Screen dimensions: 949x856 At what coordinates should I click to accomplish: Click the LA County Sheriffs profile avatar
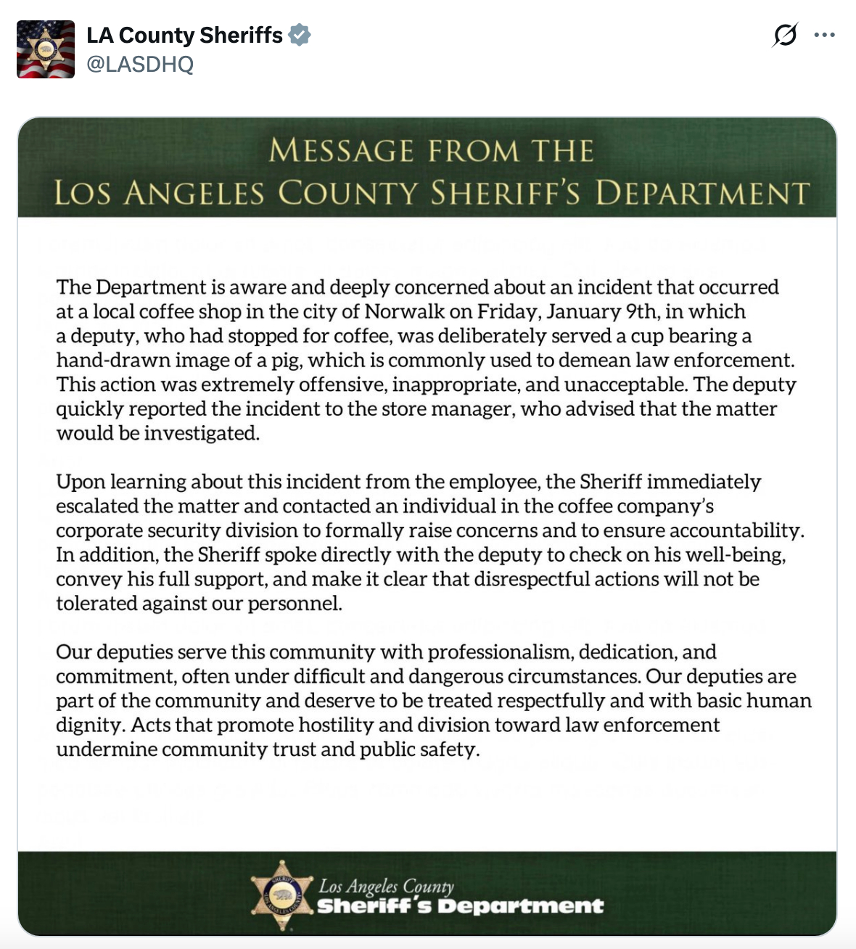tap(46, 49)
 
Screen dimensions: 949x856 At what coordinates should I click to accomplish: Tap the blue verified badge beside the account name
tap(300, 35)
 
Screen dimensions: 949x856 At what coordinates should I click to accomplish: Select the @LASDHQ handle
tap(140, 65)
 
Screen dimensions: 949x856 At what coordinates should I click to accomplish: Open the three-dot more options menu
tap(825, 35)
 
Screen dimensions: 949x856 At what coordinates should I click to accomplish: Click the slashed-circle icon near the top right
tap(785, 35)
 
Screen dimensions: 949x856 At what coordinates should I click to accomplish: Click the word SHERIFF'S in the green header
tap(505, 194)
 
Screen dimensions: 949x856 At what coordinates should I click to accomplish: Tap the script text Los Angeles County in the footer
tap(386, 886)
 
